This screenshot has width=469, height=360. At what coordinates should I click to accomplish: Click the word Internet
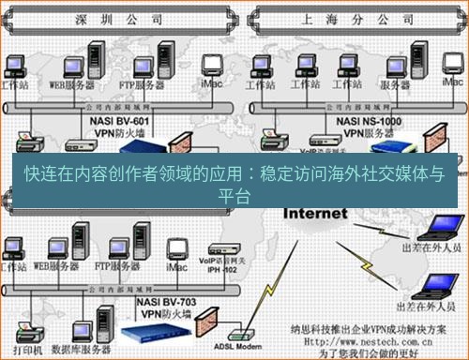303,213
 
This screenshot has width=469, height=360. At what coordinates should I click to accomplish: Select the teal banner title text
234,182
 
